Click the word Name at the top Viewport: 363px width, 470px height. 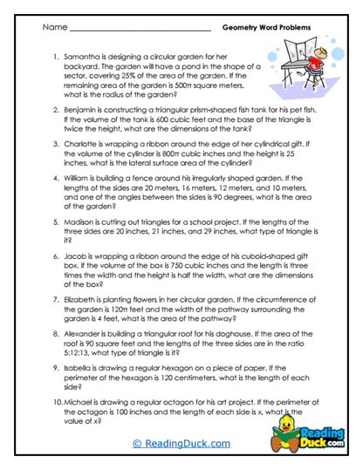point(54,28)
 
